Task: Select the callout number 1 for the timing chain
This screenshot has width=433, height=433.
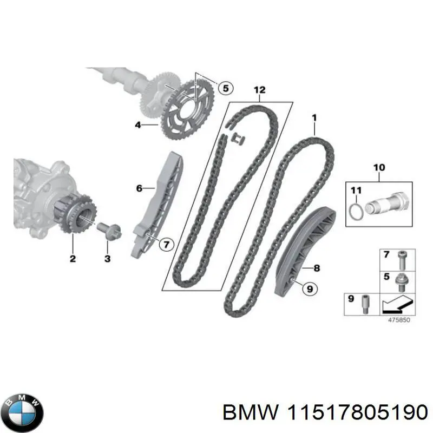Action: [314, 117]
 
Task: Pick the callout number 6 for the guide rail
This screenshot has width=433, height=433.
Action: [139, 188]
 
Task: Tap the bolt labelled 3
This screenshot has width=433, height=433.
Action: [106, 229]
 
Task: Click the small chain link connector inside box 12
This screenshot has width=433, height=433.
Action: [236, 139]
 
